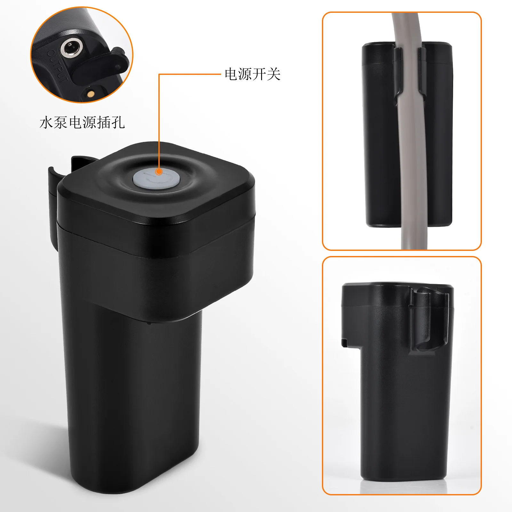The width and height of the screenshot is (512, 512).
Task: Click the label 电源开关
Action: click(x=252, y=74)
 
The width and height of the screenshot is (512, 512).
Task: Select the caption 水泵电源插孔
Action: click(x=82, y=123)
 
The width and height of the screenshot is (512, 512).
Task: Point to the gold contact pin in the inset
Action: click(x=90, y=94)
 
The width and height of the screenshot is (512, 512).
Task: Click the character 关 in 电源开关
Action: click(x=274, y=74)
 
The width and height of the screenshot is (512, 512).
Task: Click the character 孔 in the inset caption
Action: click(x=118, y=123)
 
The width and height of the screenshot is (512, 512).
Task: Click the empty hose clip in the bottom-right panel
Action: click(x=429, y=320)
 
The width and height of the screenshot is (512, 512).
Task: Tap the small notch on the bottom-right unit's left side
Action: click(x=345, y=343)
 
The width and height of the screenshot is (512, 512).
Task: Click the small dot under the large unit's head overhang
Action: click(x=148, y=323)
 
